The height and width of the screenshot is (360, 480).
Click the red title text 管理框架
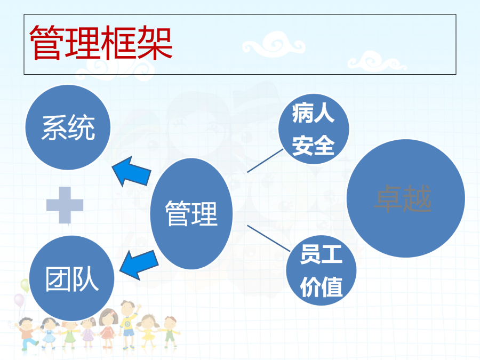(101, 43)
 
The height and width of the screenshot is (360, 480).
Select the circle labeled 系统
(68, 127)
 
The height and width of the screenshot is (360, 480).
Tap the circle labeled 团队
(71, 278)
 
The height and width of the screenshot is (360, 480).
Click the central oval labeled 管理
(191, 214)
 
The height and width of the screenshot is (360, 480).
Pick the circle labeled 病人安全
(314, 129)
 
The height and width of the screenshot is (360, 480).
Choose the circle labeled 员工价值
(322, 270)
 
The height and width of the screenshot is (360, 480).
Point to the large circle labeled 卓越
(406, 198)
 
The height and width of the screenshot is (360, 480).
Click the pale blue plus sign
(65, 205)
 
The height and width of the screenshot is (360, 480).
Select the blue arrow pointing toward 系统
(132, 171)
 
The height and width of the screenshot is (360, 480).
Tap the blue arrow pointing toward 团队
(139, 265)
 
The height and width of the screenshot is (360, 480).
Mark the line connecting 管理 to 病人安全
(265, 161)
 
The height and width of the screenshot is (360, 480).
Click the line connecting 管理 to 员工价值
(268, 238)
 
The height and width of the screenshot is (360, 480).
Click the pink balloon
(19, 300)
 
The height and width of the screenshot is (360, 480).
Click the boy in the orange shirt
(27, 334)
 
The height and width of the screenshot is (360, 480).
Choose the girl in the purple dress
(88, 333)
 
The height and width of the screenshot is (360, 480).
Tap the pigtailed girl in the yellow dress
(148, 331)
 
